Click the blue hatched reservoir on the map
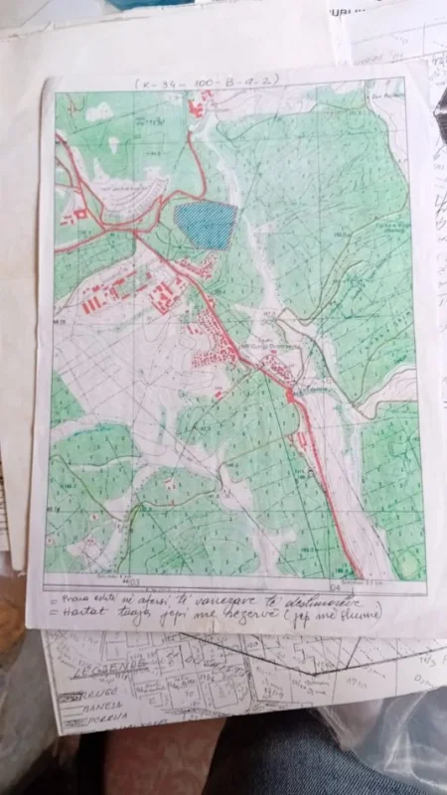(x=207, y=225)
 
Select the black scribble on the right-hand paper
(x=437, y=139)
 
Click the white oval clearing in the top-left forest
(x=98, y=113)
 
